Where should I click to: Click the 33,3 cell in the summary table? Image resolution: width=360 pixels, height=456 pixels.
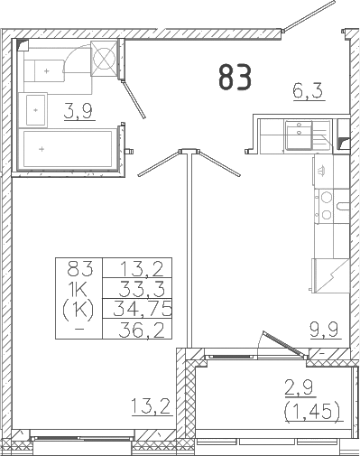[138, 288]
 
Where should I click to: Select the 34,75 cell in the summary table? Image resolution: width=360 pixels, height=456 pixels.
[138, 309]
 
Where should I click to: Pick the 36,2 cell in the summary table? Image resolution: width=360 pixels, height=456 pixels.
[138, 330]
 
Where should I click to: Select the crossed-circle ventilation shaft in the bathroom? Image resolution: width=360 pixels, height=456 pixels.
[106, 58]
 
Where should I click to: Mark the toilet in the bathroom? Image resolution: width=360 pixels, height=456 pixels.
[50, 68]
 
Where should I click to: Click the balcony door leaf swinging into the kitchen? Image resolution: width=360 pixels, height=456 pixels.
[277, 345]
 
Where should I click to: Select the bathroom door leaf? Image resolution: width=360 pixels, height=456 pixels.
[135, 100]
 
